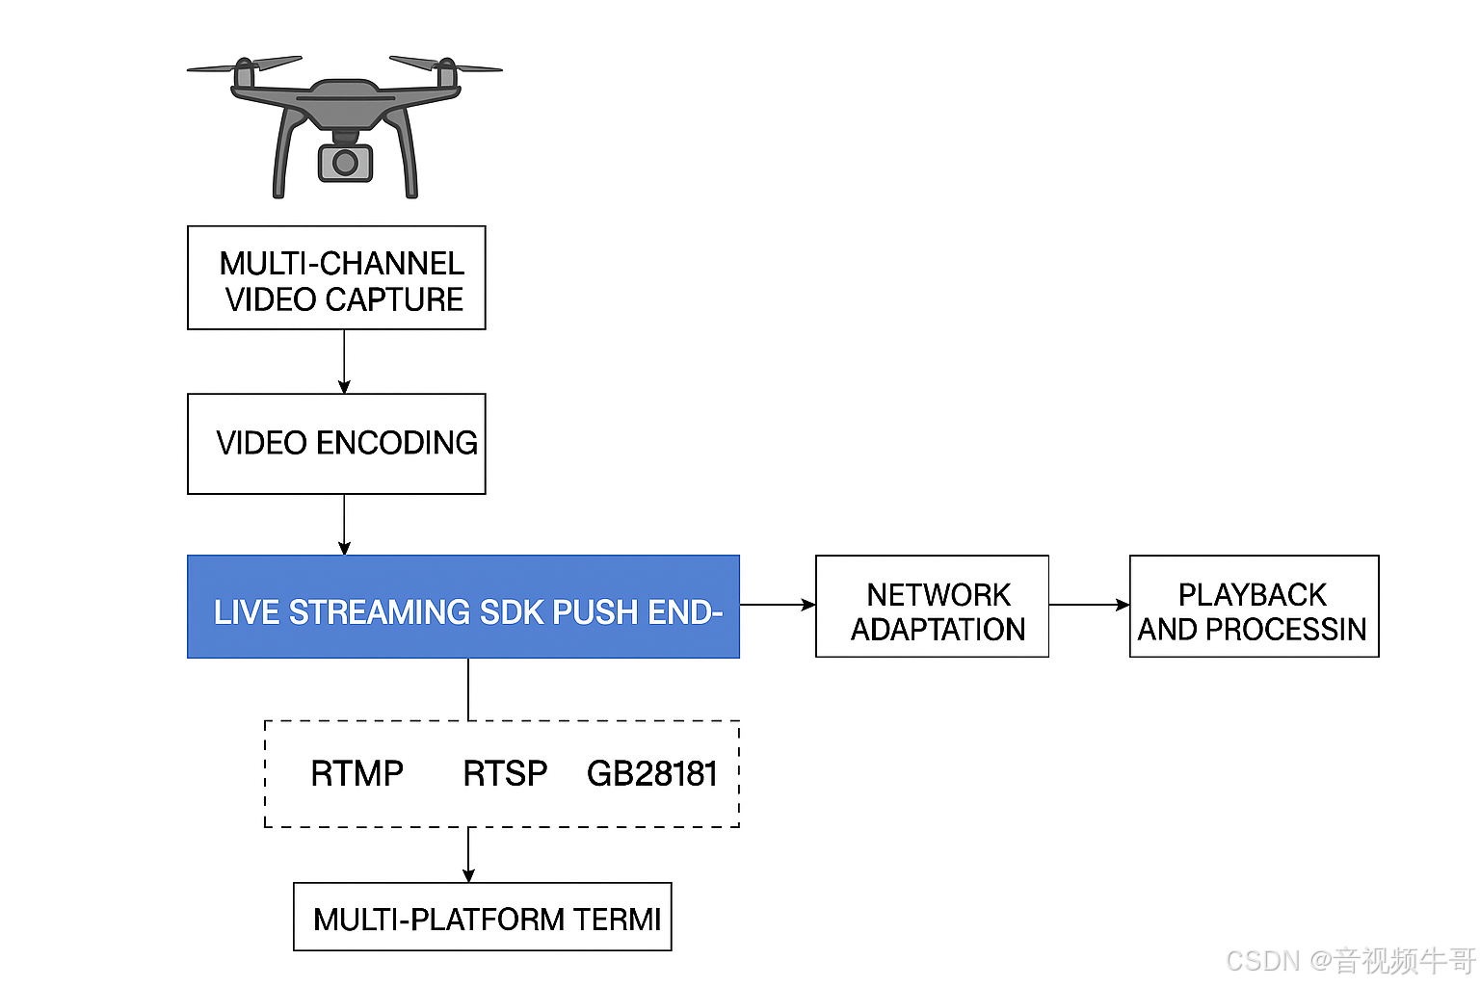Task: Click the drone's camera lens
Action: tap(345, 163)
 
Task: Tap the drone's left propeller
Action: tap(245, 65)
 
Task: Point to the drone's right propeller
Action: tap(445, 65)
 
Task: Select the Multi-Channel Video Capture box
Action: tap(336, 278)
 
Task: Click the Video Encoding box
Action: tap(336, 444)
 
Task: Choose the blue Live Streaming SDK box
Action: tap(463, 608)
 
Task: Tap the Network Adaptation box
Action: tap(932, 607)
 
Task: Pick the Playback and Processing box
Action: tap(1254, 607)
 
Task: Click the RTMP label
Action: tap(357, 773)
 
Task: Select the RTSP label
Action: tap(505, 773)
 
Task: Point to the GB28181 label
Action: tap(652, 773)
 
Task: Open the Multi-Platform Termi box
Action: tap(483, 918)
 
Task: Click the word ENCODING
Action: tap(397, 443)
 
